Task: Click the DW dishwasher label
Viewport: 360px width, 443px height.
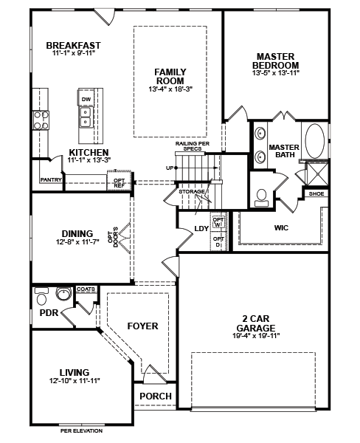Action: point(86,100)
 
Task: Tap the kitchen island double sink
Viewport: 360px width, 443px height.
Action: point(85,117)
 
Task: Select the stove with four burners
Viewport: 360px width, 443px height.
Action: point(41,120)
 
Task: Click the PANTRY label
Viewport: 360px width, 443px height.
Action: point(51,179)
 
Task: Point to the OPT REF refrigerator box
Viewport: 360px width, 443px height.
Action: point(120,181)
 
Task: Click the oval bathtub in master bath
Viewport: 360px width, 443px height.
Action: point(315,141)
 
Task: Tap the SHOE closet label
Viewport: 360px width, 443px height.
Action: point(316,193)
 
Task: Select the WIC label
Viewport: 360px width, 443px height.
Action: point(281,227)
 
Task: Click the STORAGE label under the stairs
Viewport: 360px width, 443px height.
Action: point(192,191)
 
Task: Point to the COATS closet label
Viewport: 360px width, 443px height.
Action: point(86,289)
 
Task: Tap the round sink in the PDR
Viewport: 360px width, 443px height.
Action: point(63,294)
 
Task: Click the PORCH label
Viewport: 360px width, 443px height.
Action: point(156,396)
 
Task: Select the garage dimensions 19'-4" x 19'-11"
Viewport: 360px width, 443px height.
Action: point(256,336)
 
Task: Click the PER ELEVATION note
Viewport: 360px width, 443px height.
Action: point(81,431)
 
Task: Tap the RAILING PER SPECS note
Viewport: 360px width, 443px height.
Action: point(193,145)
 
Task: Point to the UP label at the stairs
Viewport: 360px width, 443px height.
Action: point(170,168)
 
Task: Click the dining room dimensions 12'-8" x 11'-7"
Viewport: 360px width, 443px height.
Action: point(77,242)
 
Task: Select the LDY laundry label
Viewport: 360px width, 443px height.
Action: point(201,229)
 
